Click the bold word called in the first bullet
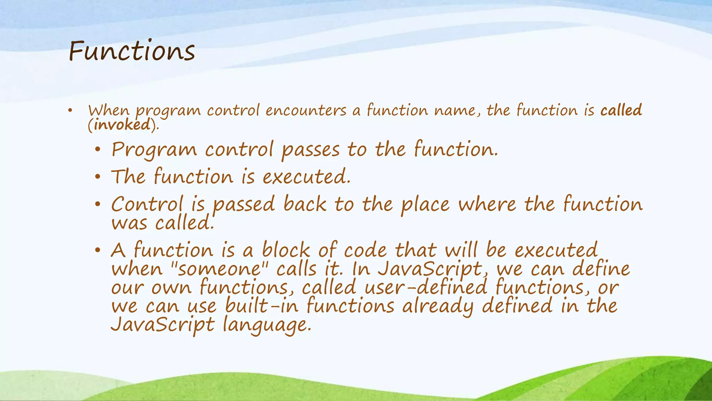621,110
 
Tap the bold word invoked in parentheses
122,125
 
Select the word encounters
306,110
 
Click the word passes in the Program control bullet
310,150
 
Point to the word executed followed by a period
306,176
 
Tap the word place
425,204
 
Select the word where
487,204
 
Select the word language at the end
266,325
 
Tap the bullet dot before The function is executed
98,177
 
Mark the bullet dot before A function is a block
98,250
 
